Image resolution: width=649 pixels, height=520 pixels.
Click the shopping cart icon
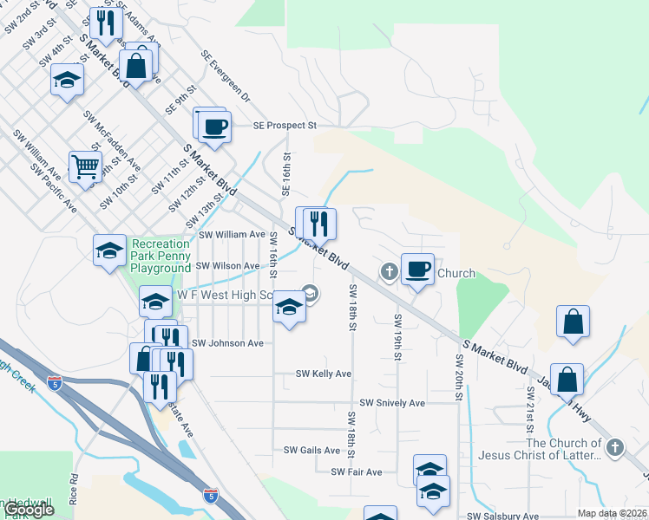pos(85,166)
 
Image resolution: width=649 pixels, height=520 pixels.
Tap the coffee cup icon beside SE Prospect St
pos(214,127)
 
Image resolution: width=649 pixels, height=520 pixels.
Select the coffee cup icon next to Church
pos(417,270)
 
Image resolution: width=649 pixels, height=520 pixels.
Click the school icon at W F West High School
pos(290,305)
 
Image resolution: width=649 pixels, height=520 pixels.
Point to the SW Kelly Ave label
pos(323,374)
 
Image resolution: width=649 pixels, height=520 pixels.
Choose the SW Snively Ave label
pos(392,403)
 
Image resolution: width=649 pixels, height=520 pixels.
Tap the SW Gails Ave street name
pos(311,450)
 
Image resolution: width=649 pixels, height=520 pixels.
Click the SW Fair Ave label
pos(356,472)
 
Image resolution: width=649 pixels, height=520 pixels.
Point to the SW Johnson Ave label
pos(226,343)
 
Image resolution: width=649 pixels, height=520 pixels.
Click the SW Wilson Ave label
pos(226,266)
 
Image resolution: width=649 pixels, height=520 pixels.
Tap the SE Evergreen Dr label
pos(225,75)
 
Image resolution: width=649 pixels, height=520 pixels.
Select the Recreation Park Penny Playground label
pos(161,257)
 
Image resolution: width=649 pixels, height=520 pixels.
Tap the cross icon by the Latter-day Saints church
pos(614,447)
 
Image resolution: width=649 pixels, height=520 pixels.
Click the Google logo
pos(29,510)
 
